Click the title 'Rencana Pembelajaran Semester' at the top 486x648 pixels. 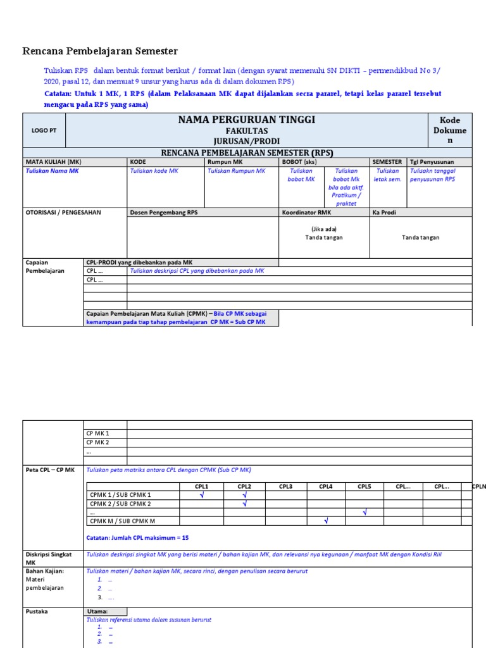[x=100, y=51]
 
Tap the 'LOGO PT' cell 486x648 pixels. [x=44, y=130]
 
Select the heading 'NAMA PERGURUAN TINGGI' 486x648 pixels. [x=247, y=120]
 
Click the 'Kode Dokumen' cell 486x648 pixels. [x=450, y=130]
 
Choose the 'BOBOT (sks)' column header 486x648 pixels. [x=299, y=162]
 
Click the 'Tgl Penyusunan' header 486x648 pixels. [x=432, y=162]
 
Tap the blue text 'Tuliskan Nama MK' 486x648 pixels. [x=53, y=171]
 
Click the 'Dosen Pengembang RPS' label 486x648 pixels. [x=164, y=213]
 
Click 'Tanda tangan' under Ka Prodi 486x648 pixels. [x=420, y=237]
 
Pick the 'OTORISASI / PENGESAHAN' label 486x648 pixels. [x=63, y=213]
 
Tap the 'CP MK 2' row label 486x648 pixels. [x=97, y=442]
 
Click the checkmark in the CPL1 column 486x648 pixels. [x=202, y=495]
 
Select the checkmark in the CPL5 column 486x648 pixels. [x=364, y=512]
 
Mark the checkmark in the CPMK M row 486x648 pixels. [x=326, y=521]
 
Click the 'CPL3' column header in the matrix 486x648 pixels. [x=285, y=486]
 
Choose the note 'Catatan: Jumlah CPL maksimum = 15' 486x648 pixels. [x=137, y=538]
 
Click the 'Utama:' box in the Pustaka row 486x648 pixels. [x=105, y=611]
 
